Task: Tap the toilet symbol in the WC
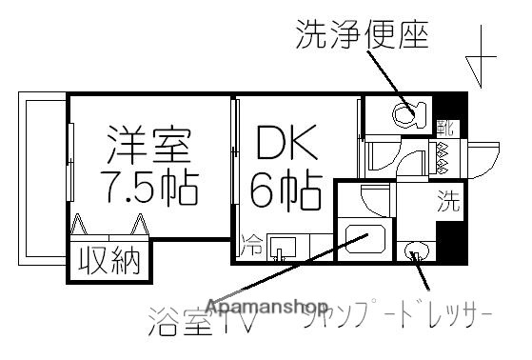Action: pyautogui.click(x=407, y=115)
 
